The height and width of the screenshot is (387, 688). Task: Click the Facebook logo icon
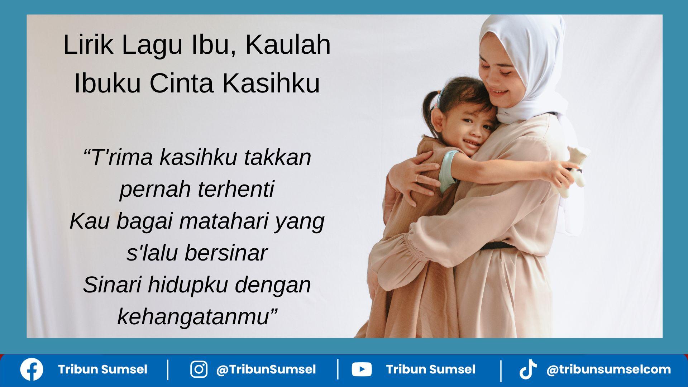click(32, 369)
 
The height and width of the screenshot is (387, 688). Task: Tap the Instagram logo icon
click(199, 369)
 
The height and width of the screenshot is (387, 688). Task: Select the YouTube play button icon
click(362, 369)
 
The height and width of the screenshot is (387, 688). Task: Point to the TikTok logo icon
click(528, 369)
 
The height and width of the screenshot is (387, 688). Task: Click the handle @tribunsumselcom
click(608, 369)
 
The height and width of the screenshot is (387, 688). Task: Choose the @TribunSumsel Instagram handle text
click(266, 369)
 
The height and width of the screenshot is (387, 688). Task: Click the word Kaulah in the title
click(288, 45)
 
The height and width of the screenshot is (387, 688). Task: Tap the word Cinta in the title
click(181, 83)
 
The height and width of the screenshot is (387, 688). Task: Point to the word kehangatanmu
click(193, 316)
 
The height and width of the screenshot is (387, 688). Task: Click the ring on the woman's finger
click(417, 177)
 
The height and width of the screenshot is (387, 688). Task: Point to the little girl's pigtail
click(431, 107)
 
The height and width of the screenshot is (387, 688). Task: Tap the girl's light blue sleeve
click(448, 170)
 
